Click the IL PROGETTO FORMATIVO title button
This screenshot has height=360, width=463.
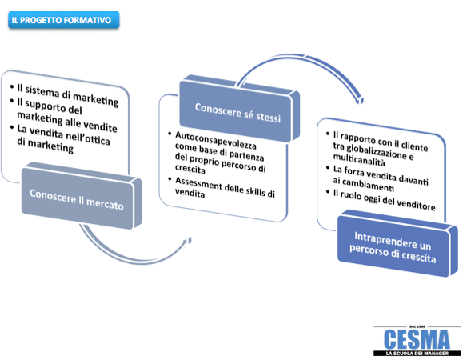click(x=63, y=20)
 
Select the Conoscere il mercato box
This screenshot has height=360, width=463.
click(x=82, y=195)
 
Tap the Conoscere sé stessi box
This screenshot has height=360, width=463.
click(x=239, y=109)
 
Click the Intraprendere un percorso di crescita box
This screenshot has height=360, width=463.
click(x=397, y=243)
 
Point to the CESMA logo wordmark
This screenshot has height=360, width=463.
click(x=417, y=339)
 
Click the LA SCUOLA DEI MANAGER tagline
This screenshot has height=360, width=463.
click(x=417, y=354)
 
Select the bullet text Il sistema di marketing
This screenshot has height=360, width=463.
click(x=68, y=94)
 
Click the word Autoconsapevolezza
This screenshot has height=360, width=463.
click(x=216, y=141)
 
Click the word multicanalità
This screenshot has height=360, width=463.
click(x=359, y=160)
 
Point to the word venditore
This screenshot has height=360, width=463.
click(x=416, y=204)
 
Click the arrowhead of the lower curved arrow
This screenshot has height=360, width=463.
click(x=187, y=241)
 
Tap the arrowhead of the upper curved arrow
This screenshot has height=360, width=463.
click(x=359, y=100)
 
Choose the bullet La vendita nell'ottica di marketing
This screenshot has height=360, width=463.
click(x=61, y=138)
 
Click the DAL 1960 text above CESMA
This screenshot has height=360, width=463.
click(x=417, y=326)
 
